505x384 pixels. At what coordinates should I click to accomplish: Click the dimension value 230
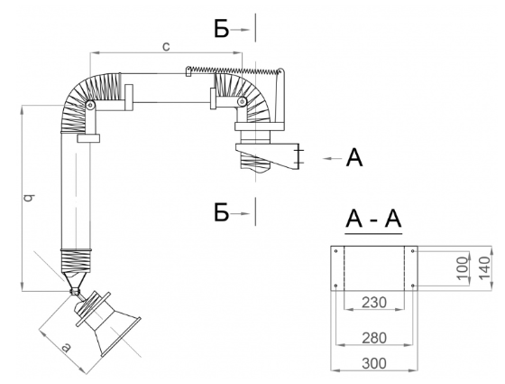pyautogui.click(x=374, y=303)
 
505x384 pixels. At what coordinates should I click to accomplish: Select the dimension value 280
pyautogui.click(x=374, y=338)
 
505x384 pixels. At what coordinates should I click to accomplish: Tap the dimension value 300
pyautogui.click(x=374, y=363)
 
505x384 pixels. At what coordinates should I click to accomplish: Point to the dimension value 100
pyautogui.click(x=463, y=267)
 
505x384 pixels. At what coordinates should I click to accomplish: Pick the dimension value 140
pyautogui.click(x=484, y=268)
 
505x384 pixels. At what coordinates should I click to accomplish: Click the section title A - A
pyautogui.click(x=373, y=219)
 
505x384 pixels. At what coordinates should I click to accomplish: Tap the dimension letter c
pyautogui.click(x=166, y=46)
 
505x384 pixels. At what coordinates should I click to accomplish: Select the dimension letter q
pyautogui.click(x=29, y=197)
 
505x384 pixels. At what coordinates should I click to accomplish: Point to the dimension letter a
pyautogui.click(x=65, y=347)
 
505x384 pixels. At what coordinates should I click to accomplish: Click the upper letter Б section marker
pyautogui.click(x=222, y=29)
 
